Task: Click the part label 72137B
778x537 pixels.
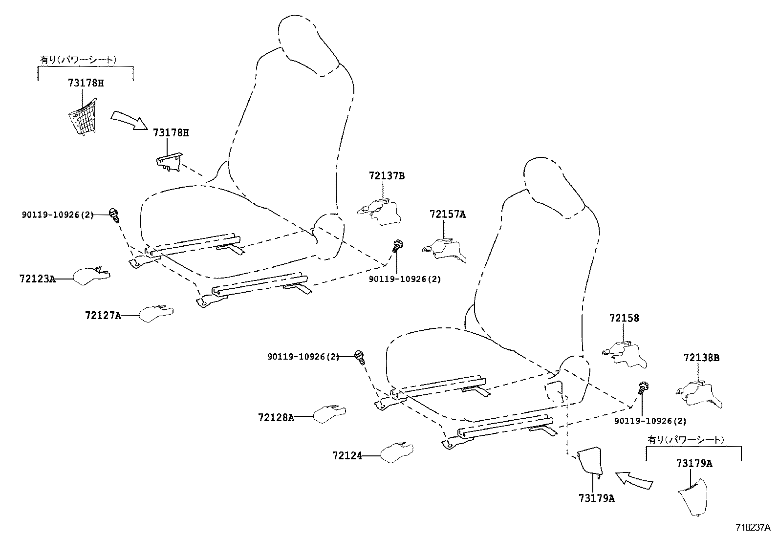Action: pyautogui.click(x=387, y=175)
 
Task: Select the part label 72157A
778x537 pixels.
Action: pyautogui.click(x=448, y=214)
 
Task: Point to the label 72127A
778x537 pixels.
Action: pyautogui.click(x=103, y=316)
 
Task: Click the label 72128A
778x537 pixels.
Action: pyautogui.click(x=276, y=417)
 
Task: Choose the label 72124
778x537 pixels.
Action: pyautogui.click(x=347, y=455)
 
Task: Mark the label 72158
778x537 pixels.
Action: pyautogui.click(x=624, y=318)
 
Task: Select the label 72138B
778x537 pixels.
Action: pyautogui.click(x=701, y=358)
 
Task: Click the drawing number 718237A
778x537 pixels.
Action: pyautogui.click(x=753, y=527)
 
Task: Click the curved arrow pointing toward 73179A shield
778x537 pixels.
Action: pyautogui.click(x=634, y=479)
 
